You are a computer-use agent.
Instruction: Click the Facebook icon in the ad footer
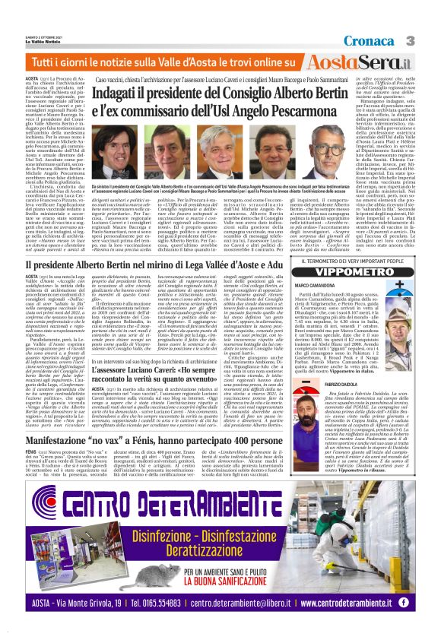[404, 602]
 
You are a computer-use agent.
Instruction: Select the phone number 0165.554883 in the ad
[160, 602]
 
